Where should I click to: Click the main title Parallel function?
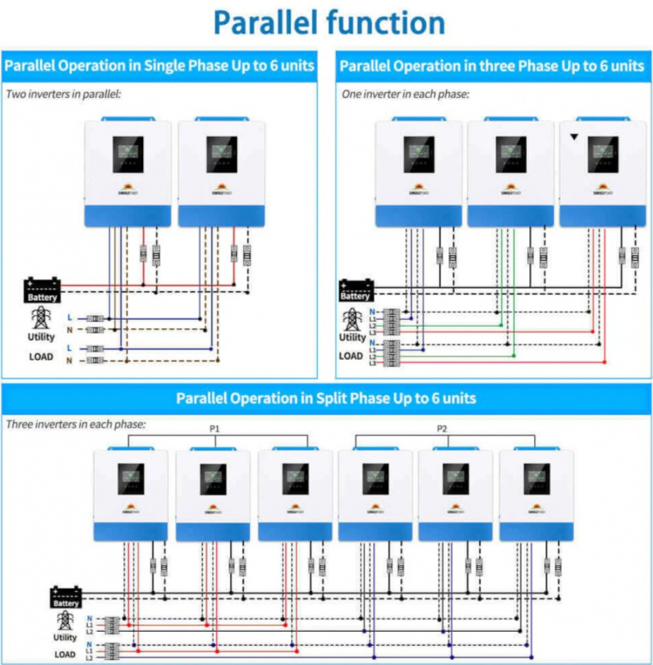pos(329,22)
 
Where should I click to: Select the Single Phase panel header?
pos(160,66)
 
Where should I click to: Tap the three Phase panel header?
pos(492,66)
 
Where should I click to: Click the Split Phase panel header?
pos(326,398)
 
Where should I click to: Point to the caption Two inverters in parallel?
pos(64,94)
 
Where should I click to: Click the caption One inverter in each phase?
pos(405,94)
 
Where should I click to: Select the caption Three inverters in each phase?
pos(76,424)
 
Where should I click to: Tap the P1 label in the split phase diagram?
pos(215,429)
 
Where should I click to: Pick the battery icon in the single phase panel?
pos(42,289)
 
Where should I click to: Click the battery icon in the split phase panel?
pos(66,597)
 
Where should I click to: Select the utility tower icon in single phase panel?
pos(40,318)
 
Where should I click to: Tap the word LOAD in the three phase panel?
pos(351,356)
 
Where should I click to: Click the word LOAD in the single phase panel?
pos(41,357)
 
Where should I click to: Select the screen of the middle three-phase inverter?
pos(511,153)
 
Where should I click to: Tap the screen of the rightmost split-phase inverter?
pos(537,478)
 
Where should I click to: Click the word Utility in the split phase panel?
pos(65,637)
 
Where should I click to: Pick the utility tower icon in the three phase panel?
pos(352,318)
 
